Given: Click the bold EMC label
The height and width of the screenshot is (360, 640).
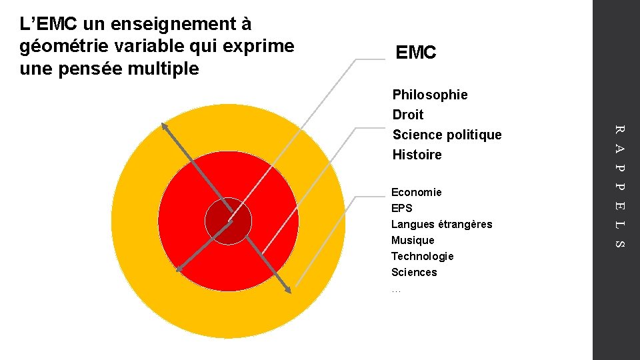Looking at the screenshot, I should [415, 53].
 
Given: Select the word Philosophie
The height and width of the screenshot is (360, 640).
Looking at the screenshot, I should [430, 95].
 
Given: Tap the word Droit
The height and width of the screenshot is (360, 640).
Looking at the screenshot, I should [408, 115].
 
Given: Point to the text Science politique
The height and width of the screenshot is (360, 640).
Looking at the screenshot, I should [447, 135].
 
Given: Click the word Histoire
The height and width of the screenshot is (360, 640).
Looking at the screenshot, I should [417, 155].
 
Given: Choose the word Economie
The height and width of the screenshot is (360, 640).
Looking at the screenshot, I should [416, 192].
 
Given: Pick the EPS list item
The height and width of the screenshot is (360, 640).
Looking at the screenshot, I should [402, 208].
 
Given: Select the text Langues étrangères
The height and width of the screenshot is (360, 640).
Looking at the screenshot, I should [441, 224].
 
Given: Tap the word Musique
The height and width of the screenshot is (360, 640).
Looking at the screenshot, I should [413, 240].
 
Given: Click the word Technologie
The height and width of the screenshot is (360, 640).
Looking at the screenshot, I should [422, 256].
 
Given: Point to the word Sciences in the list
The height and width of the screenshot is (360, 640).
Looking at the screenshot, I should [414, 272].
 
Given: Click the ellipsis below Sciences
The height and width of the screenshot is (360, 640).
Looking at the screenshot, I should [396, 290].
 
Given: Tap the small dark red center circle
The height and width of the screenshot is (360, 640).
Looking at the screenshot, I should [228, 221].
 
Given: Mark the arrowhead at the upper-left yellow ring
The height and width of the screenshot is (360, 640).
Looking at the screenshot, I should [165, 126].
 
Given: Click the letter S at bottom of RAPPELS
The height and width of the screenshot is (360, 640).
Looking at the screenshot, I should [618, 244].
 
